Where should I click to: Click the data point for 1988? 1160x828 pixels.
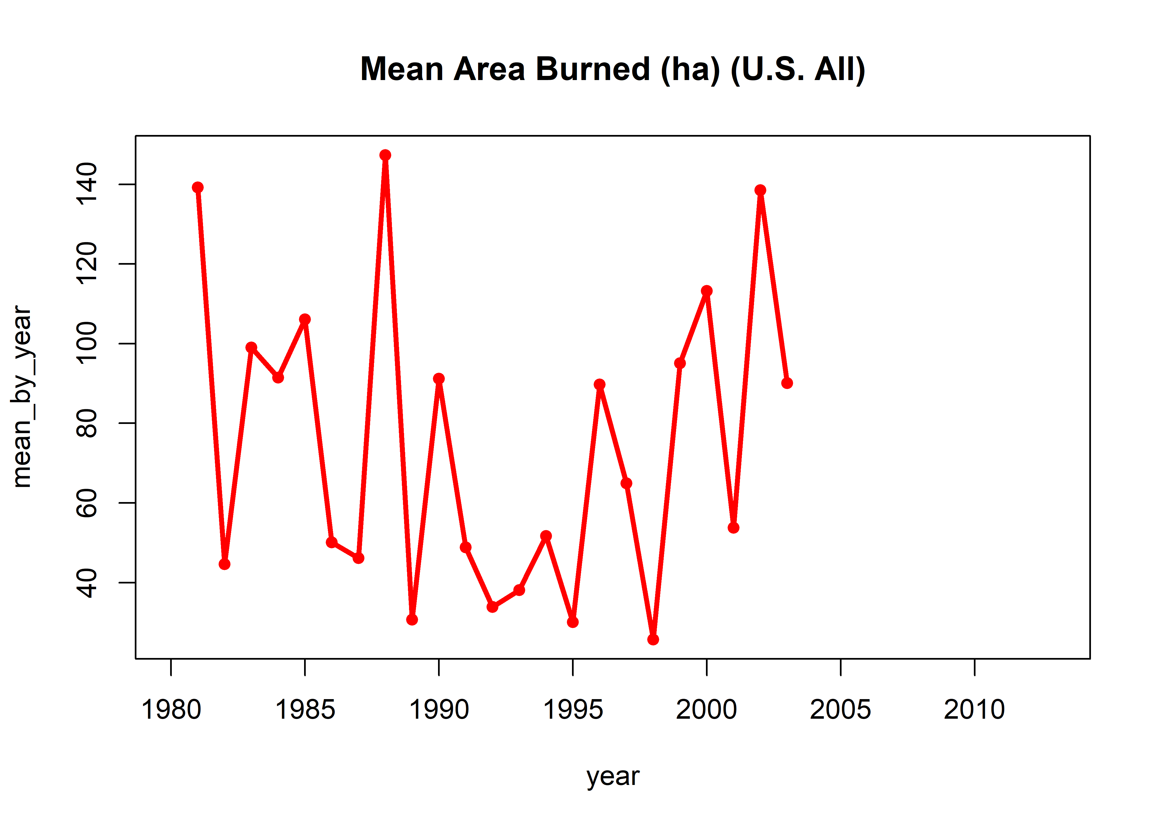[x=385, y=155]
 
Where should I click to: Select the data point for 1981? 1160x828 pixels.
[x=198, y=188]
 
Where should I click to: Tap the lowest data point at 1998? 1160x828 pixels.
[x=653, y=639]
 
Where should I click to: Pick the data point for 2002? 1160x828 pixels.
[x=760, y=190]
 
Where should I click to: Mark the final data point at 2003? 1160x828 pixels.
[x=787, y=383]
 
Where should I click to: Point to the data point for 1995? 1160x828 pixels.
[x=573, y=622]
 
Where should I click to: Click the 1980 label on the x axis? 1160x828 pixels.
[x=171, y=710]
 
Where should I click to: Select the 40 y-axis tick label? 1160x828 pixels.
[x=87, y=582]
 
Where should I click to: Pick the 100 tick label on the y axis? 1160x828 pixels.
[x=87, y=343]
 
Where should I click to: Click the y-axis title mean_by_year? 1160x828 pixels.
[x=22, y=397]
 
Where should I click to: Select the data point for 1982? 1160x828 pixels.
[x=225, y=564]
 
